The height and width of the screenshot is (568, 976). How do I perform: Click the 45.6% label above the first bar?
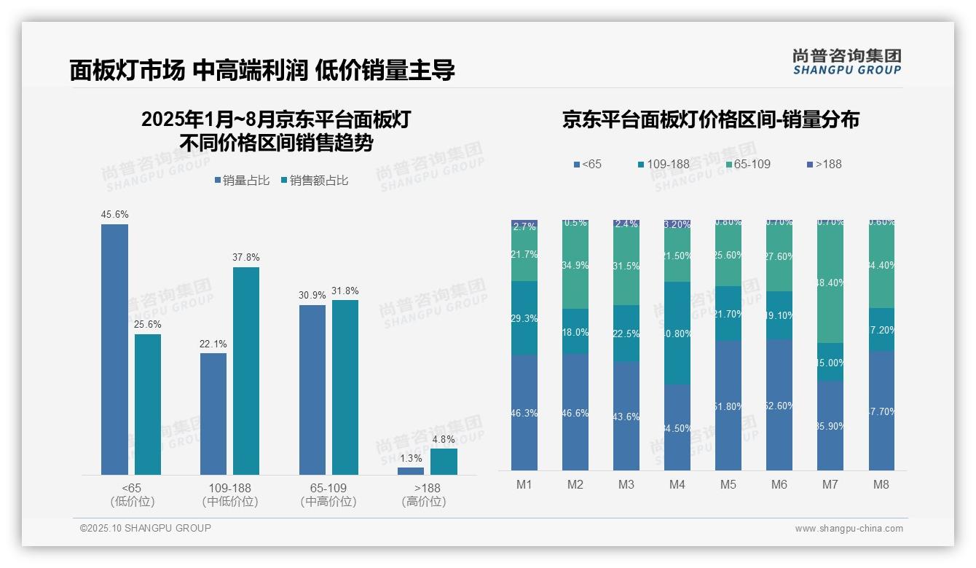coord(114,214)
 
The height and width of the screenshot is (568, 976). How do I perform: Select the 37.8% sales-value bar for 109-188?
coord(246,371)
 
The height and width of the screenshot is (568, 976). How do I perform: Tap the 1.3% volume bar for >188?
coord(411,471)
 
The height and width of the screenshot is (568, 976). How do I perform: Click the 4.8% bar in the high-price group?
coord(444,462)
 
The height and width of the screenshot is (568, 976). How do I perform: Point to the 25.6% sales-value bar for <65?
coord(148,404)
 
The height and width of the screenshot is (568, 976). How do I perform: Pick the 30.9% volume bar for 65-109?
coord(312,390)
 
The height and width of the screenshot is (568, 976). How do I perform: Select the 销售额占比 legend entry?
coord(314,180)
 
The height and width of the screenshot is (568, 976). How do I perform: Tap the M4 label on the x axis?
coord(677,484)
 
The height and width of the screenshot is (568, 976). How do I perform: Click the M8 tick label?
coord(881,484)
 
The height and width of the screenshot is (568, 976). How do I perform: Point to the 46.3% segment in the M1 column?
coord(524,412)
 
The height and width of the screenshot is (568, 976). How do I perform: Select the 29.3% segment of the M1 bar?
coord(524,318)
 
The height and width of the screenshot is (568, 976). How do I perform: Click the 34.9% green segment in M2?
coord(575,265)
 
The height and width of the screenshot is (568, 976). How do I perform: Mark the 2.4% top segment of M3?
coord(626,224)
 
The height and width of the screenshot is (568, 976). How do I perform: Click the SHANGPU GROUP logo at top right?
coord(846,62)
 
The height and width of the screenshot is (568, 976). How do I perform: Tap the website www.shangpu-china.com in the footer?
coord(849,529)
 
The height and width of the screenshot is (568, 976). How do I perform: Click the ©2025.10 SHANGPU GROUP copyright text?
coord(146,528)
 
